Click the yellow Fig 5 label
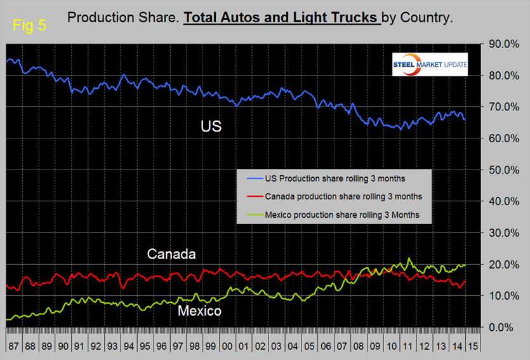(x=29, y=27)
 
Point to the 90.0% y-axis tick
(x=499, y=44)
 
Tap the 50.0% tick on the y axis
(x=499, y=170)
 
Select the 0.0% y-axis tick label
(x=501, y=328)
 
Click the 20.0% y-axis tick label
(x=499, y=265)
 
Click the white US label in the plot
(x=211, y=127)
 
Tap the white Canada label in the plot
(x=171, y=255)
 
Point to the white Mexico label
(x=199, y=311)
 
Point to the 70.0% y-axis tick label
(x=499, y=107)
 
